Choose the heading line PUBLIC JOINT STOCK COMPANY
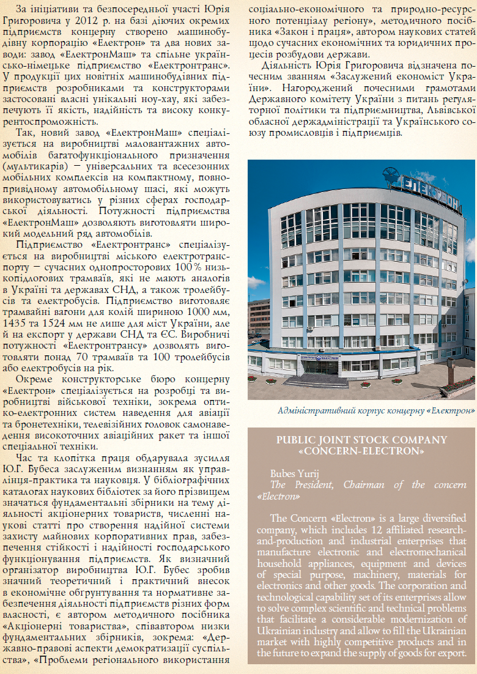[361, 440]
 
